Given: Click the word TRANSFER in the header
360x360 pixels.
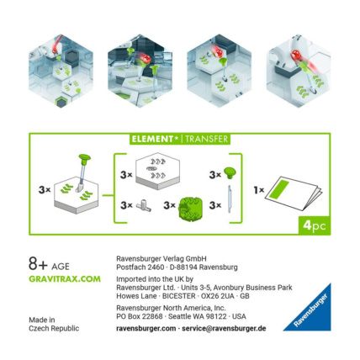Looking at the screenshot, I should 207,139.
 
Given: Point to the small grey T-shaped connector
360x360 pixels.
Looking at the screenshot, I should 144,205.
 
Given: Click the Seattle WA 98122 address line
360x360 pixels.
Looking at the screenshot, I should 181,316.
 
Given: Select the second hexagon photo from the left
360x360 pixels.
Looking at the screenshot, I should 137,70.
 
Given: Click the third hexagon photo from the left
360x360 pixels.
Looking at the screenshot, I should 219,70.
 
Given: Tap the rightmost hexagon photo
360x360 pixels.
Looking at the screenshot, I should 299,70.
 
